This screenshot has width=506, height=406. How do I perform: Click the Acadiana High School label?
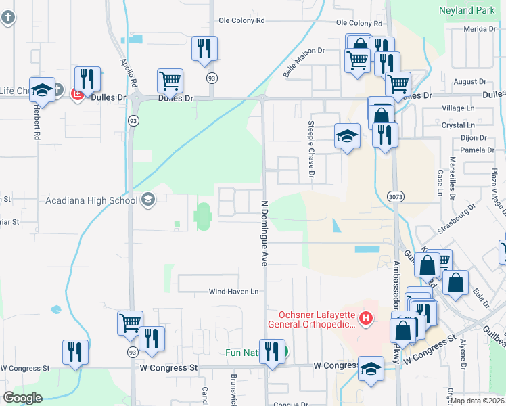point(91,200)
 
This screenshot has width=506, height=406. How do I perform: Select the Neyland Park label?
point(467,12)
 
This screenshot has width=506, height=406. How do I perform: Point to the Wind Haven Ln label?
point(233,292)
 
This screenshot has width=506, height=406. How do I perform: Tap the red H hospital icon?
point(366,317)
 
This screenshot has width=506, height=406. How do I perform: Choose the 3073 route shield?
point(396,196)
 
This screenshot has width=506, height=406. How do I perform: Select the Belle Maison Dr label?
point(304,62)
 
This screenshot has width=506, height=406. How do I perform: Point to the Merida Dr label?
point(480,29)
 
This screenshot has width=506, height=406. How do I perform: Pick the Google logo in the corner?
point(22,398)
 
